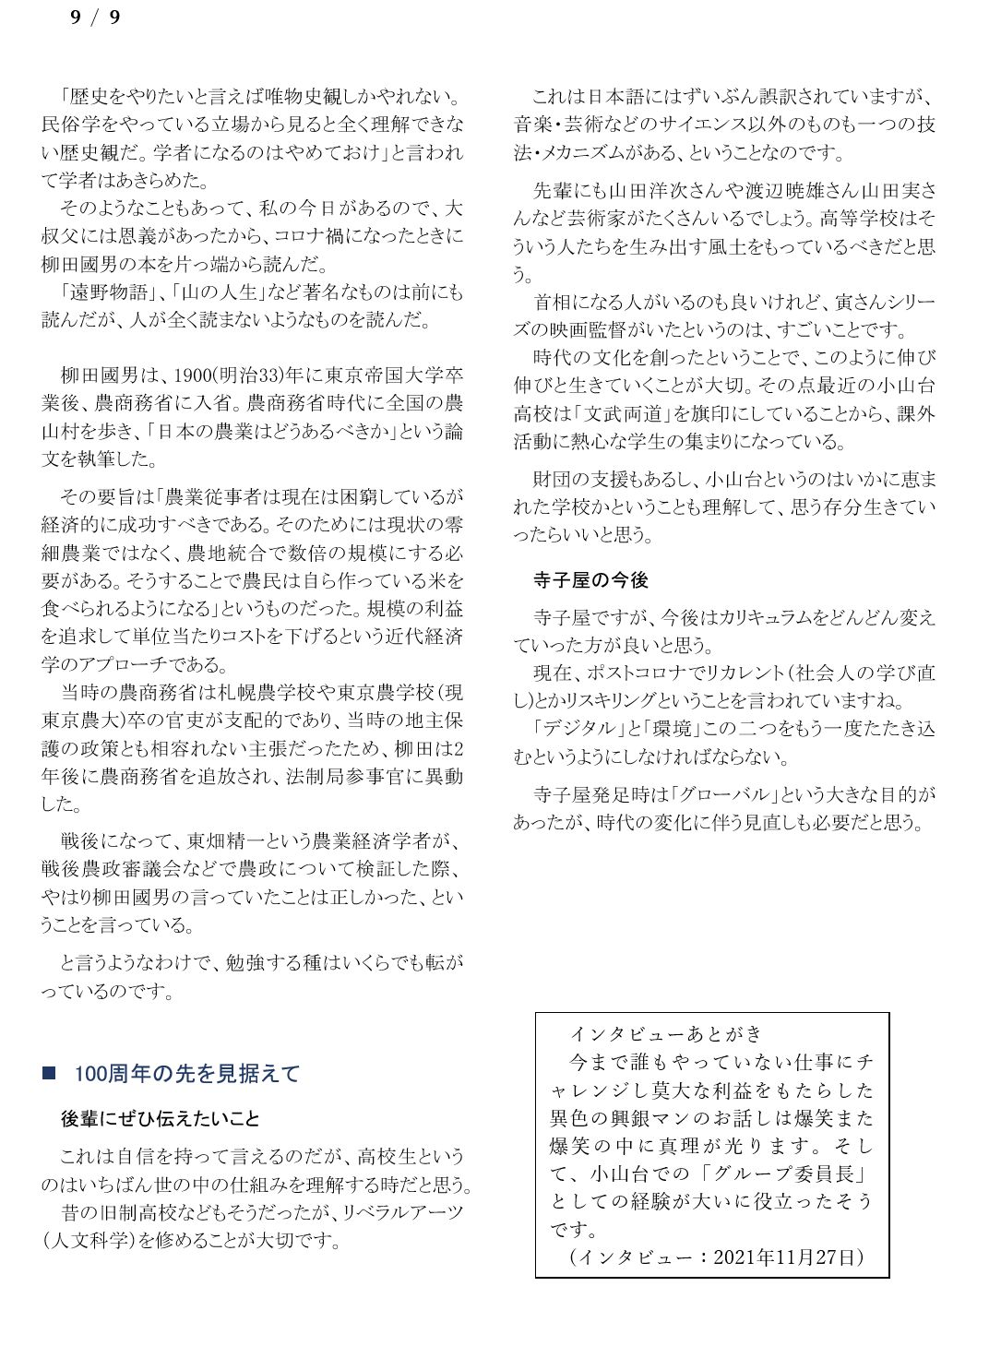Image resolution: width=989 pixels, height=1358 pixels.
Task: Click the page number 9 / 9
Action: (96, 18)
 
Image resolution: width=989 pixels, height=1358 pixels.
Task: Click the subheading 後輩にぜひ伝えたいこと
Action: (161, 1119)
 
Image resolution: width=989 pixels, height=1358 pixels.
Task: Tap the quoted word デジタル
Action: (577, 729)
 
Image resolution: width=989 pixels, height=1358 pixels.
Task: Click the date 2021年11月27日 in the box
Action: (784, 1257)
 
